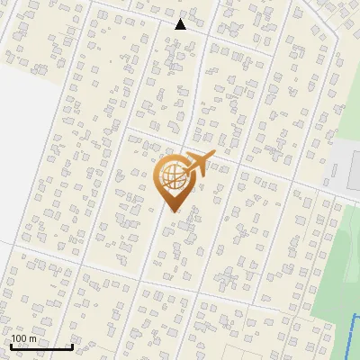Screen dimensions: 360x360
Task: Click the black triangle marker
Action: pyautogui.click(x=181, y=24)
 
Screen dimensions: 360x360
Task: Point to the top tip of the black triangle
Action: pyautogui.click(x=181, y=19)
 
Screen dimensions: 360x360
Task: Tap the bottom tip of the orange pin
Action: pyautogui.click(x=171, y=211)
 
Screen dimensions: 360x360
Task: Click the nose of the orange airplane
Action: pyautogui.click(x=214, y=155)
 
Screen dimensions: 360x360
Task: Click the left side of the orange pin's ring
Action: pyautogui.click(x=157, y=176)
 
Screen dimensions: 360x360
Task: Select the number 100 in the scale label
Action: pyautogui.click(x=18, y=338)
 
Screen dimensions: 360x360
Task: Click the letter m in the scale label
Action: pyautogui.click(x=32, y=338)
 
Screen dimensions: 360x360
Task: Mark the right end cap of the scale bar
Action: pyautogui.click(x=72, y=346)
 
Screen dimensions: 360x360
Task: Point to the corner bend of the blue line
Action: pyautogui.click(x=353, y=316)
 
